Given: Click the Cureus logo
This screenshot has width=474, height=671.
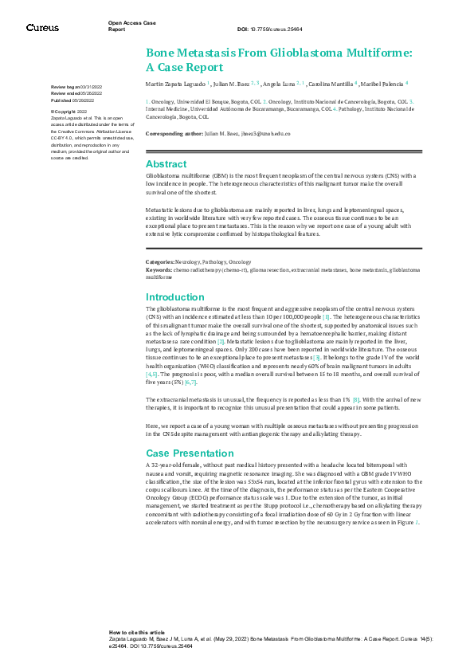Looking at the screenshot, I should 42,27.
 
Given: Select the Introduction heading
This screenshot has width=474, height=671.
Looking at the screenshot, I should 175,297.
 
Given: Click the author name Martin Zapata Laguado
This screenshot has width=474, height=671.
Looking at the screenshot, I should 176,83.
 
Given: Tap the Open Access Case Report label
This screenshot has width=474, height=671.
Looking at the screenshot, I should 127,26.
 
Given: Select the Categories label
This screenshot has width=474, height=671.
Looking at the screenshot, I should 160,262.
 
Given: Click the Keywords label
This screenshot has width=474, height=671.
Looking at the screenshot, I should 159,270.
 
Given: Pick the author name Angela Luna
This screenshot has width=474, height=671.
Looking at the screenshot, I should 278,83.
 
